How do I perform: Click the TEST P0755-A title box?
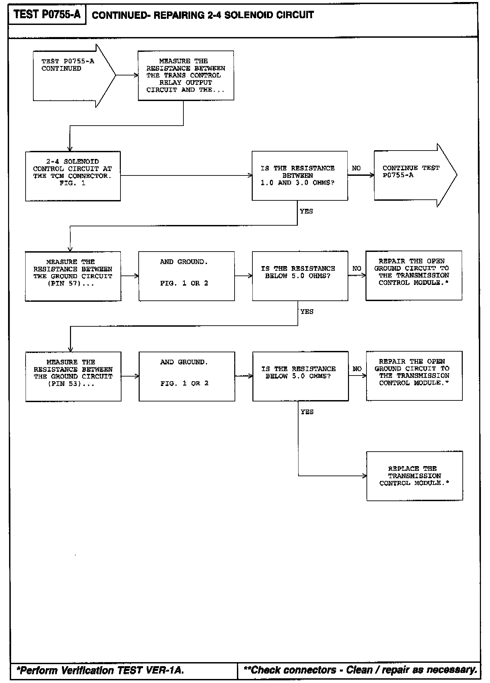47,14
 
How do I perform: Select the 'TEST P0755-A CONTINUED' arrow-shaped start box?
71,75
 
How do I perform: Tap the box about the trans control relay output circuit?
186,75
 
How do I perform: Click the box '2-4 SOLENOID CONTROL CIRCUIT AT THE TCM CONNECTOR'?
73,176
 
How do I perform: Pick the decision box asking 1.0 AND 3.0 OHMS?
300,175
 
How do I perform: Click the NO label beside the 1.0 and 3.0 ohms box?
356,168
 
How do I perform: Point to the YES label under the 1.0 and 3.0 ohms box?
306,211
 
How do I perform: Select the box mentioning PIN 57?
73,276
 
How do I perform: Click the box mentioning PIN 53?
73,376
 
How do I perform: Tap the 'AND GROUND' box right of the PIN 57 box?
186,276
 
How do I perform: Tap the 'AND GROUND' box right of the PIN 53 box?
187,376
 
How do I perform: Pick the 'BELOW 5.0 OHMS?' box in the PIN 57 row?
300,275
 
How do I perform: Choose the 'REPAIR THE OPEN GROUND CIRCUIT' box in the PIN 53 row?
414,376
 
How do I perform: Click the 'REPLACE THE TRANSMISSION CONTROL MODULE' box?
414,476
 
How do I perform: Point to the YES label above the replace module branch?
307,412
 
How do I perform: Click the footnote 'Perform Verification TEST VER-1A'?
100,670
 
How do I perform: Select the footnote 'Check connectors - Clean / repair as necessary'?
360,670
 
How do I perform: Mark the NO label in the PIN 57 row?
357,268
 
